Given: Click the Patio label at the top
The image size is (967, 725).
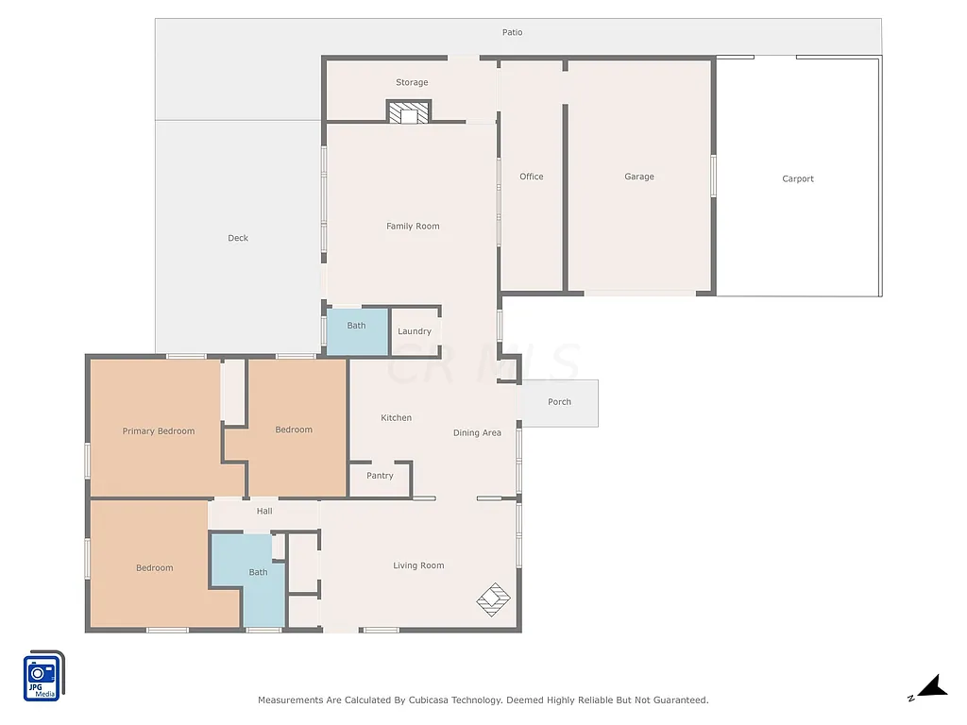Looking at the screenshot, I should (x=512, y=32).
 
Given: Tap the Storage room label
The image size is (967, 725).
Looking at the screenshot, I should (x=412, y=82).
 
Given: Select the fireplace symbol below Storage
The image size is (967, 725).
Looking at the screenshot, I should (x=409, y=112).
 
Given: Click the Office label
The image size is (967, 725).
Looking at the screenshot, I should (x=532, y=177).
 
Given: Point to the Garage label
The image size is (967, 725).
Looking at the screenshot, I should (x=639, y=177).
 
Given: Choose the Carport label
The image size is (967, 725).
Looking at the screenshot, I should (x=798, y=178).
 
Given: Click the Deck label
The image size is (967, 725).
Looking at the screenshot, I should (x=238, y=238).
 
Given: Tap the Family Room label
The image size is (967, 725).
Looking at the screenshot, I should (x=413, y=226).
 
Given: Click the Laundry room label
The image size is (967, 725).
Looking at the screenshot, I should (x=415, y=331).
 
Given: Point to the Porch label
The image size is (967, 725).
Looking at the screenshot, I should (x=559, y=402).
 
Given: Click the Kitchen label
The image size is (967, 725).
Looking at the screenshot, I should (x=396, y=417).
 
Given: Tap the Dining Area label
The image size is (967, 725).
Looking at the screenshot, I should (x=477, y=432).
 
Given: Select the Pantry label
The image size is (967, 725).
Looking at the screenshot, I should (x=380, y=476).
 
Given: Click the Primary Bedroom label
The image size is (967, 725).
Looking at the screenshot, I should (x=159, y=430).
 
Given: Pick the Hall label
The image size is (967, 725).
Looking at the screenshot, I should (x=264, y=511).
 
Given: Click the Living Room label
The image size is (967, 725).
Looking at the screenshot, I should (x=418, y=565).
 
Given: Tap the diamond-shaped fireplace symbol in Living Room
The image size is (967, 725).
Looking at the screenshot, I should (x=493, y=599).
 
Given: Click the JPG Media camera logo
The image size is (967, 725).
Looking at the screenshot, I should (x=43, y=676).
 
